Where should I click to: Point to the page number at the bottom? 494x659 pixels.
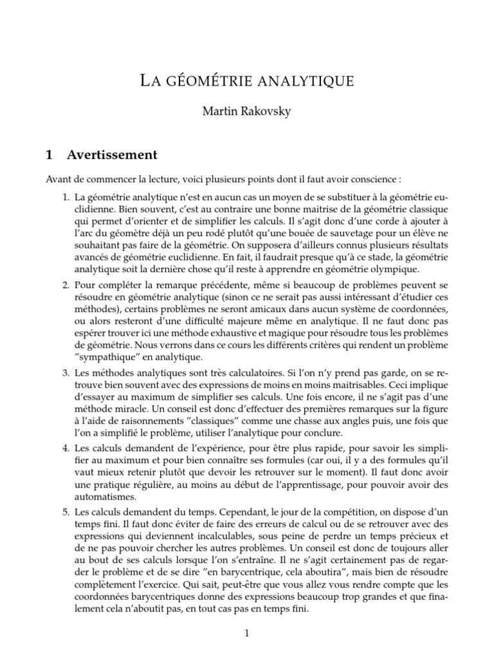[246, 634]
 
